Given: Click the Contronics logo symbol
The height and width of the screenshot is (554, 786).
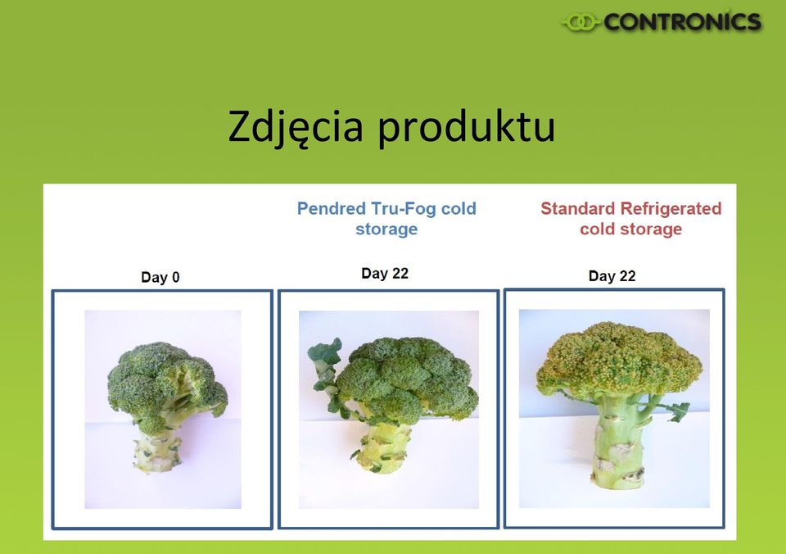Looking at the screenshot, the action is [581, 22].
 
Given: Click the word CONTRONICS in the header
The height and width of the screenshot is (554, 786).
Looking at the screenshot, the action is [682, 21].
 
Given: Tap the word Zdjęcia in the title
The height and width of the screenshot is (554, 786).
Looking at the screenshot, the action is [296, 126].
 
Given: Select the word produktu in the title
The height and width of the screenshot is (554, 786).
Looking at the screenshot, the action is [466, 126].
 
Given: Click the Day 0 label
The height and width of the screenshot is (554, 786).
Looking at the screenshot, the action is [160, 277].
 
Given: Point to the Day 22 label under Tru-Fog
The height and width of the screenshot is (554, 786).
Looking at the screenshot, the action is [385, 274].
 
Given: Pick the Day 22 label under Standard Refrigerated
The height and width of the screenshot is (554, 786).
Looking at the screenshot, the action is [612, 276].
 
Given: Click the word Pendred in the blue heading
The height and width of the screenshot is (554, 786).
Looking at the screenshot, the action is [332, 208].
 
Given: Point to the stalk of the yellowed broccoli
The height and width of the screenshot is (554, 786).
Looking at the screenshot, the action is [617, 442].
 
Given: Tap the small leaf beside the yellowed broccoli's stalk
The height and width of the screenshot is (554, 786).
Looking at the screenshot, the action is [679, 411].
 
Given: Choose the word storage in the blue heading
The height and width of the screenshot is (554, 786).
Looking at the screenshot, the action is [386, 229].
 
